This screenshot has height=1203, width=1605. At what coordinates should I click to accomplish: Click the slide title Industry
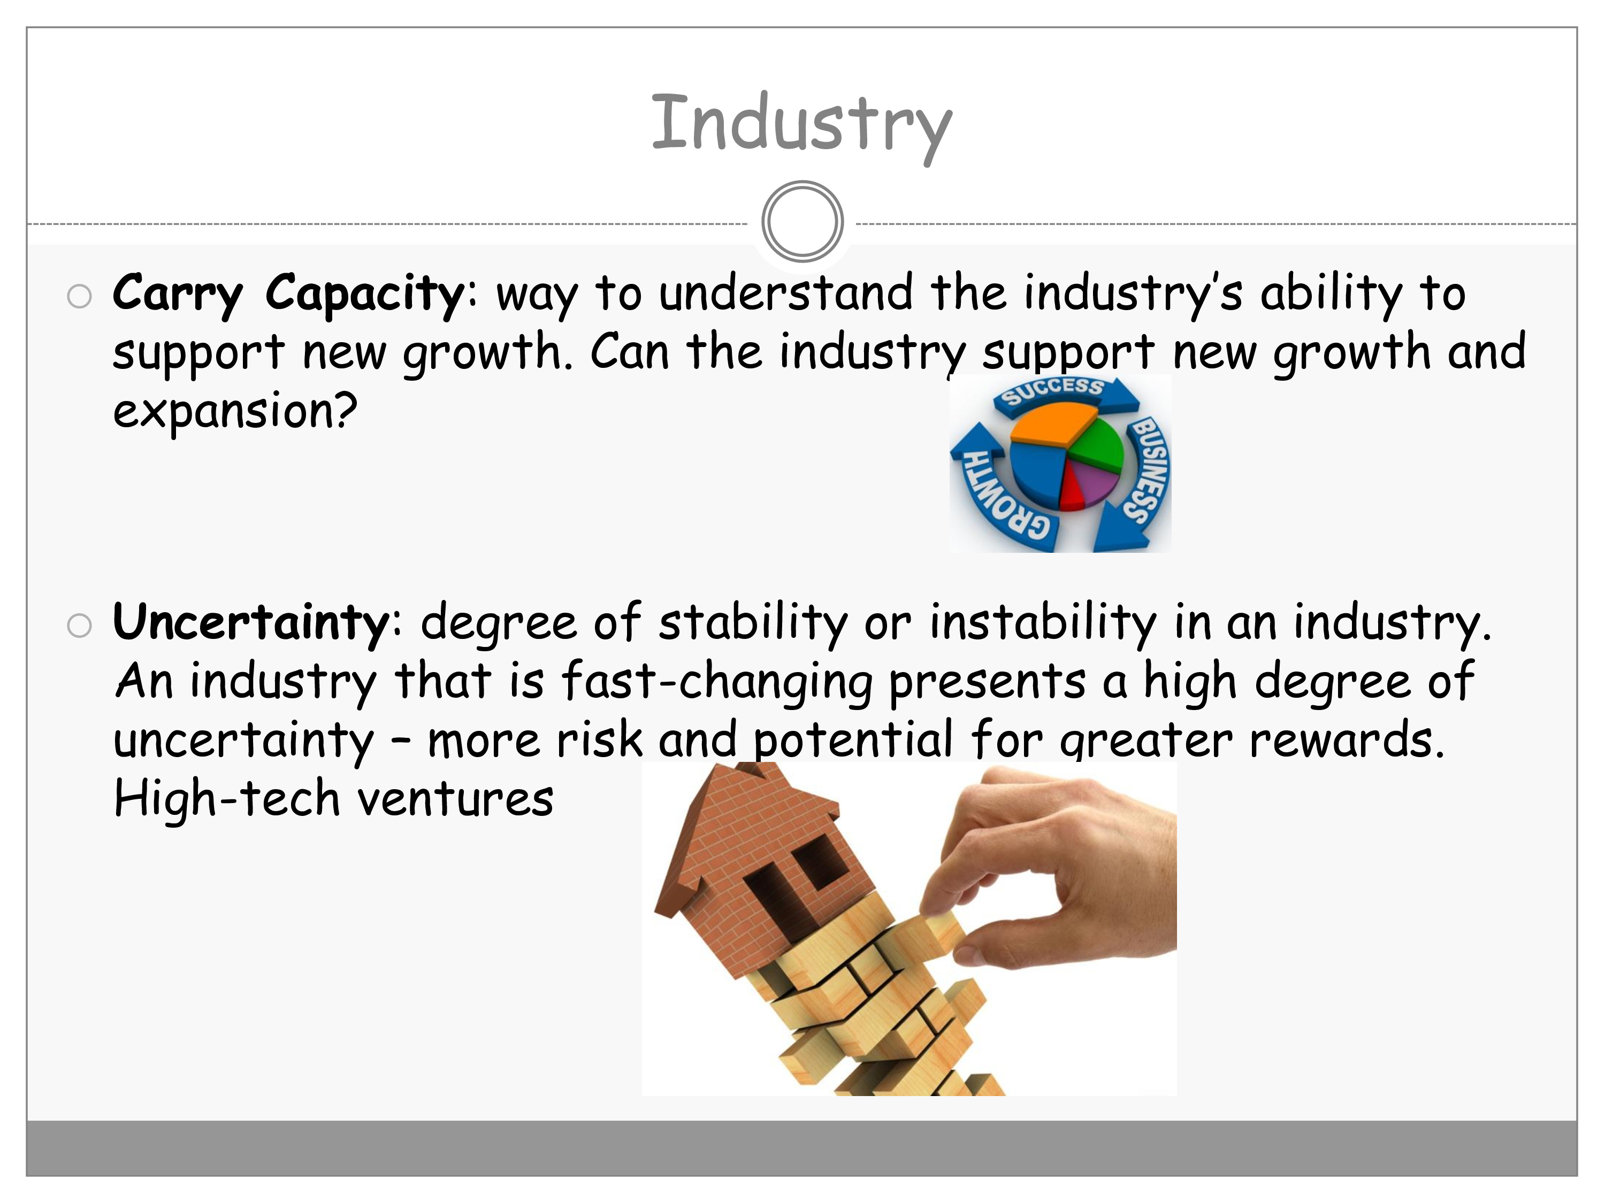802,125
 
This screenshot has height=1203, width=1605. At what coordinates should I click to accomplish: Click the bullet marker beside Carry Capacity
79,296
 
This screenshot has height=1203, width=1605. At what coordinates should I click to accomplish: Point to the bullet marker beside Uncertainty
79,626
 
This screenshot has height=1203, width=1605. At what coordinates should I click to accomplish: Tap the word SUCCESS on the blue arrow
1052,391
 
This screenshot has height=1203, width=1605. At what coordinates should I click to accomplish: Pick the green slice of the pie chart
1098,445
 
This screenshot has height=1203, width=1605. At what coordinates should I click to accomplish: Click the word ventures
456,800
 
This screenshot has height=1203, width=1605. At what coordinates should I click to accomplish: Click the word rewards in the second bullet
1347,741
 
